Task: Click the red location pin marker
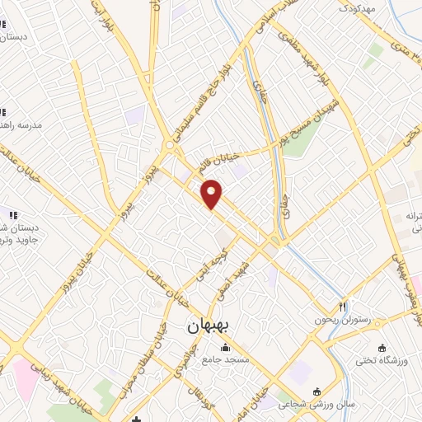pos(212,193)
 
